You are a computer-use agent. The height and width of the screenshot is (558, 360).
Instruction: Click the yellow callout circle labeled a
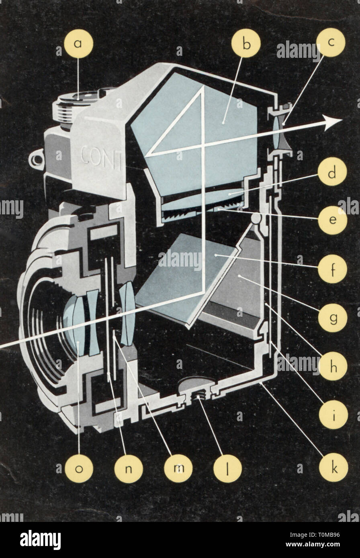pos(79,44)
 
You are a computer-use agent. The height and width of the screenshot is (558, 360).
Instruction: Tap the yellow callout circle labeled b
pos(246,44)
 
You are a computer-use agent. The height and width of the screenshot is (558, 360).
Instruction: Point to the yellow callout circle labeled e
pos(331,220)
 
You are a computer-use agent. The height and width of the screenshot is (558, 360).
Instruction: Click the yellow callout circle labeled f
pos(331,269)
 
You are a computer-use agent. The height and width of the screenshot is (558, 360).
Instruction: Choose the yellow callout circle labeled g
pos(331,318)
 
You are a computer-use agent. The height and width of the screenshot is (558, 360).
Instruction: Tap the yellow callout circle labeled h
pos(331,366)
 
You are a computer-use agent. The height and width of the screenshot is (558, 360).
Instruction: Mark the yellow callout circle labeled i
pos(331,415)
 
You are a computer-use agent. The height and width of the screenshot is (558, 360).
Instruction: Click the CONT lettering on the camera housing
pos(101,155)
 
